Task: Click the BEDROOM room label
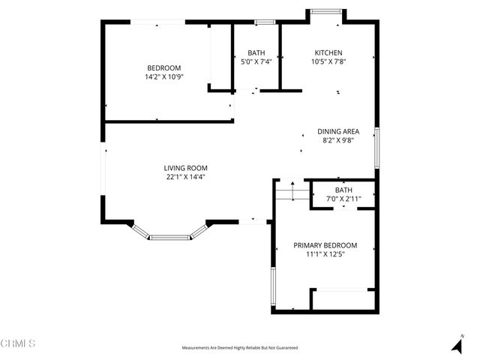[x=164, y=67]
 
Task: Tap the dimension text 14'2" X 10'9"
[x=164, y=76]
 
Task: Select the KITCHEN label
[x=328, y=52]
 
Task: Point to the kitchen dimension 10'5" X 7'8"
[x=328, y=61]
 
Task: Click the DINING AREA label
[x=338, y=131]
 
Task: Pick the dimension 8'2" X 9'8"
[x=338, y=140]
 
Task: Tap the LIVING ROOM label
[x=186, y=168]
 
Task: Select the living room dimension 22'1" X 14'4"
[x=186, y=177]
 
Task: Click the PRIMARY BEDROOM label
[x=325, y=245]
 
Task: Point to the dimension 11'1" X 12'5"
[x=325, y=254]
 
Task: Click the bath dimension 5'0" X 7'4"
[x=256, y=61]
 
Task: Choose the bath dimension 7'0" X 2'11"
[x=343, y=199]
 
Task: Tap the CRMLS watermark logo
[x=19, y=343]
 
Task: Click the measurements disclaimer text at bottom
[x=239, y=348]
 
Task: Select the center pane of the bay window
[x=170, y=238]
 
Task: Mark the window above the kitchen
[x=325, y=10]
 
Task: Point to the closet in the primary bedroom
[x=343, y=298]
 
